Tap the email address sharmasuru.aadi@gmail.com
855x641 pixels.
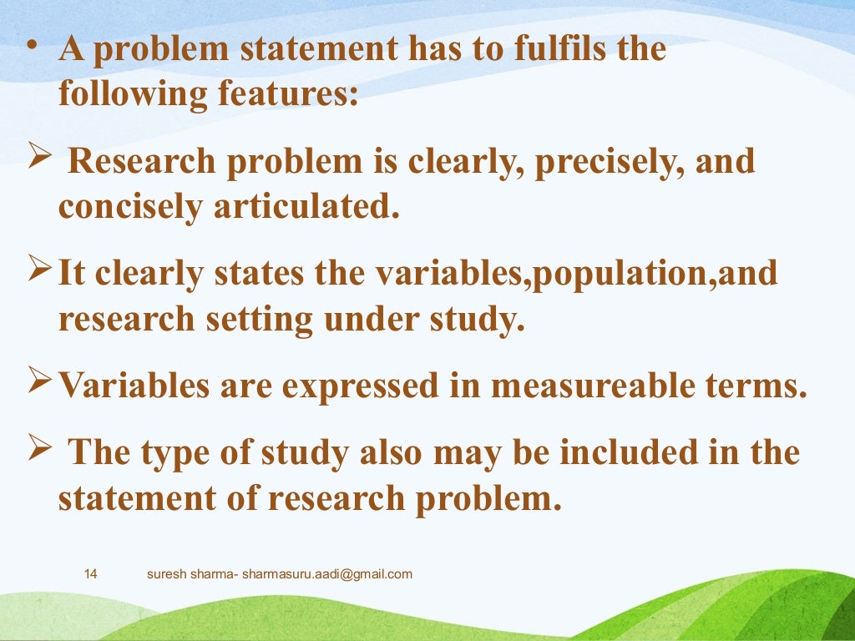point(327,574)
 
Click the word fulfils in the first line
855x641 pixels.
point(531,49)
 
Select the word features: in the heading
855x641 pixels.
point(289,93)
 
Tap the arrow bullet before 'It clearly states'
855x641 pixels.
point(43,271)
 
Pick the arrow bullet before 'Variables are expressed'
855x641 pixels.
point(43,384)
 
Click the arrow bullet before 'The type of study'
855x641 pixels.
point(43,452)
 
